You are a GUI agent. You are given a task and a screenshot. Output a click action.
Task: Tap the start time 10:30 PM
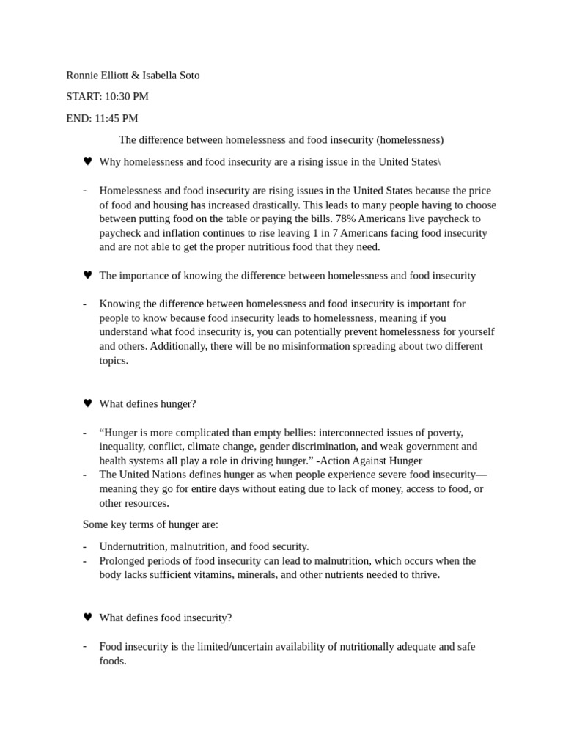coord(127,97)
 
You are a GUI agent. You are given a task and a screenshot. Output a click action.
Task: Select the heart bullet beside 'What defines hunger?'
coord(87,403)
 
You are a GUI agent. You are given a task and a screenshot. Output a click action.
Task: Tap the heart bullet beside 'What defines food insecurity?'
coord(87,618)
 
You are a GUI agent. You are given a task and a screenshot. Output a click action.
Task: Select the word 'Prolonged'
coord(123,561)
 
